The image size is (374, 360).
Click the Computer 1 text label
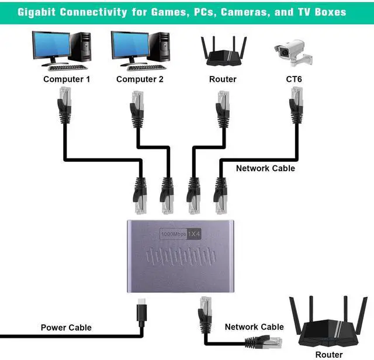[67, 79]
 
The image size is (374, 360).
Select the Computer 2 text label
[140, 79]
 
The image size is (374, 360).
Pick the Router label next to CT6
[223, 79]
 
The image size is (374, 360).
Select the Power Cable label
[66, 328]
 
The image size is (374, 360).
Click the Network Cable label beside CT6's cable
[265, 168]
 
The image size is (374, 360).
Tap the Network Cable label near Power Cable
[254, 327]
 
